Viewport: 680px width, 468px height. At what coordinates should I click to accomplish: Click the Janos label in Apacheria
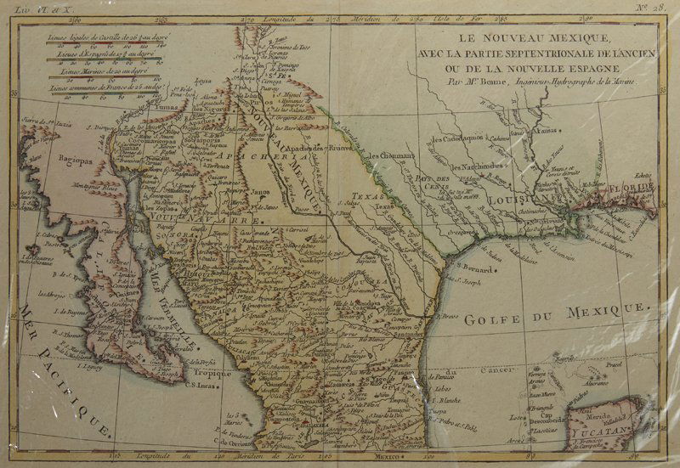(261, 192)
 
